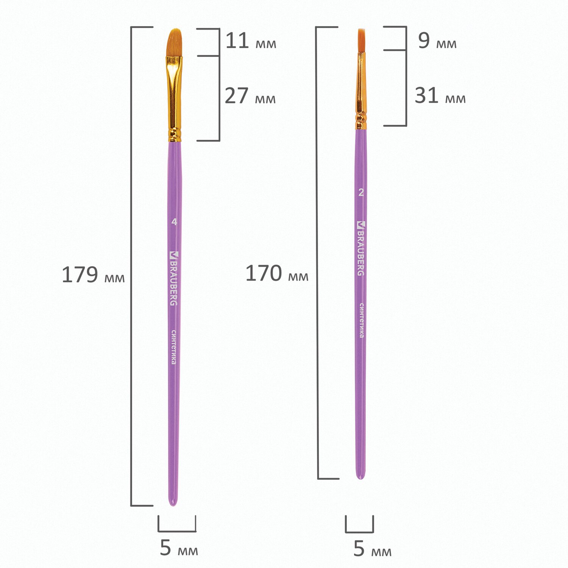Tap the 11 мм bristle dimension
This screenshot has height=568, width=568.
click(x=251, y=41)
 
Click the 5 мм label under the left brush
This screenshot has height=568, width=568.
click(x=179, y=548)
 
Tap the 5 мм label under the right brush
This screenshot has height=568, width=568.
click(x=372, y=549)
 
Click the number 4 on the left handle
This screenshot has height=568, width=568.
click(x=174, y=222)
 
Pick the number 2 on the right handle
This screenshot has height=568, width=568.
click(x=361, y=193)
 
